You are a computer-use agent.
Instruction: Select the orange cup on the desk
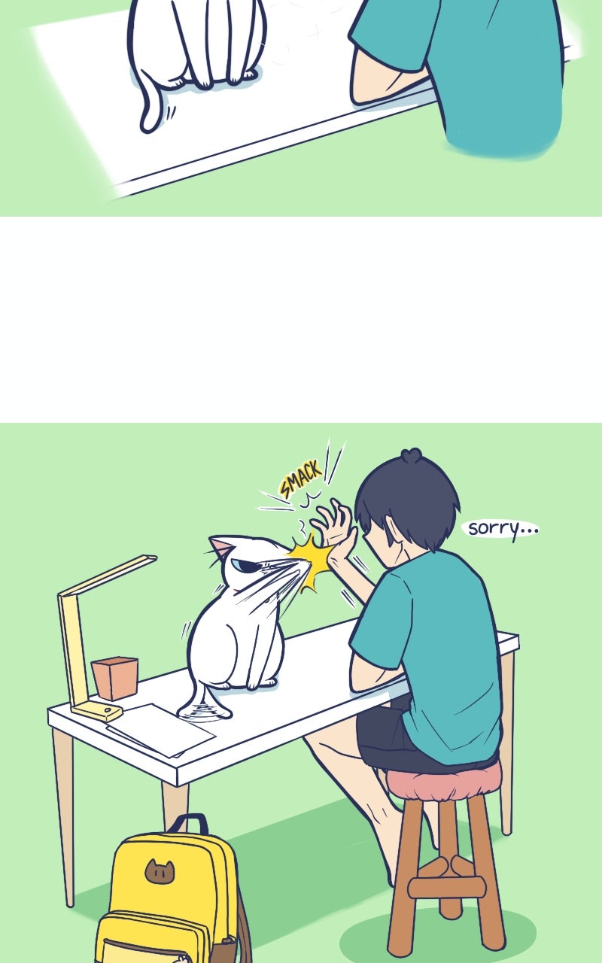(115, 678)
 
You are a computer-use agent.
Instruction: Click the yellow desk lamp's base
(97, 712)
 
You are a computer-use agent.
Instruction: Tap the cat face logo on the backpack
(160, 870)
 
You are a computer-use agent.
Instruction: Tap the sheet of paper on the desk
(160, 729)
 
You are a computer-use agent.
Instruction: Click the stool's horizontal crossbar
(447, 887)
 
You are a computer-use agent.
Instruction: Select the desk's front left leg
(65, 808)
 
